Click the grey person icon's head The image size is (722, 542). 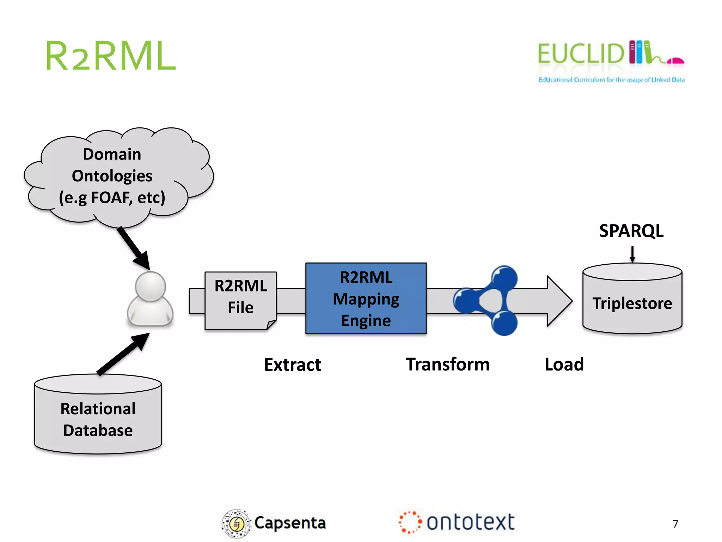(x=151, y=287)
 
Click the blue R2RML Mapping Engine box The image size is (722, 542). (x=366, y=299)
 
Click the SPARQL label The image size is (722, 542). (x=631, y=231)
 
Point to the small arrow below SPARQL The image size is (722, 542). (x=632, y=254)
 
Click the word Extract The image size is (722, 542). (x=292, y=365)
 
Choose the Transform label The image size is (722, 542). (x=448, y=364)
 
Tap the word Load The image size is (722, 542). (x=564, y=364)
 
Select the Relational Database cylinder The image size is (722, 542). (x=98, y=418)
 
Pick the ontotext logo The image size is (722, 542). (x=457, y=522)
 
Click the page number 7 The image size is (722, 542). (x=675, y=524)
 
